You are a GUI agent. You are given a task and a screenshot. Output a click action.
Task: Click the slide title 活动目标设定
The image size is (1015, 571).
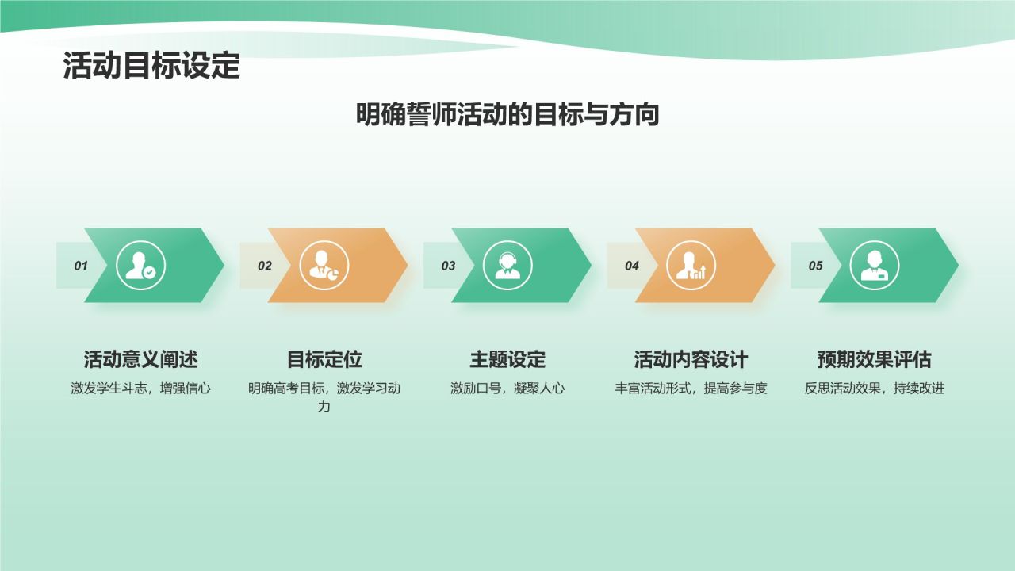151,67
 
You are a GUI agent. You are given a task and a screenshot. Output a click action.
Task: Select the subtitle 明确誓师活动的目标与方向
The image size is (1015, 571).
507,115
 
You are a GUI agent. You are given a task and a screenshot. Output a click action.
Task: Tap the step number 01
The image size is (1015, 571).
81,266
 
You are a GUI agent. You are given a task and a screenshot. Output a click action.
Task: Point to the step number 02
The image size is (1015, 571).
264,266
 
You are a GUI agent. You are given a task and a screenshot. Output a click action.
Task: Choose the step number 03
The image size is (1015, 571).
448,266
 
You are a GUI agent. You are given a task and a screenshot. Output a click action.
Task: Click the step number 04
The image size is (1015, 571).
631,266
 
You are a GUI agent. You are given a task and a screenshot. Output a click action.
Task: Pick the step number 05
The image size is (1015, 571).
815,266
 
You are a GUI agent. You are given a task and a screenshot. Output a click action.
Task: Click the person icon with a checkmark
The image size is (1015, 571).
141,265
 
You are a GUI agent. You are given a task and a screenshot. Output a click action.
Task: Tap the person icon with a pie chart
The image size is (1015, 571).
324,265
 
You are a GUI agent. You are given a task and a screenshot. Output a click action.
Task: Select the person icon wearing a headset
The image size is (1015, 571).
507,265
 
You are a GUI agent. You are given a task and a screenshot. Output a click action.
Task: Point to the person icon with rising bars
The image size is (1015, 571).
691,265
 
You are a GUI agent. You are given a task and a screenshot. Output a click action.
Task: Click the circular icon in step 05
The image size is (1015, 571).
875,265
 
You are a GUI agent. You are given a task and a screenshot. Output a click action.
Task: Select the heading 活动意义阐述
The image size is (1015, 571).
141,359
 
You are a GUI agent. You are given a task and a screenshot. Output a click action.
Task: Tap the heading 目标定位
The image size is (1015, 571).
324,359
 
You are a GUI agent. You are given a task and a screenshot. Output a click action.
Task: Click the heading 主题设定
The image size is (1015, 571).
507,359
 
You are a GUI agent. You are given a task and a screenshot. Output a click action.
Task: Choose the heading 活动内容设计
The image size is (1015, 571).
691,359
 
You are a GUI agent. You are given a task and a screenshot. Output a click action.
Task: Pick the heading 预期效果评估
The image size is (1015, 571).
875,359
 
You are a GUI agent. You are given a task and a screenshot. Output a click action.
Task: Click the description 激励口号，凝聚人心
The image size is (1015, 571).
507,389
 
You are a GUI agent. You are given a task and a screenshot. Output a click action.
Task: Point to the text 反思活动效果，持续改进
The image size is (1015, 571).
875,389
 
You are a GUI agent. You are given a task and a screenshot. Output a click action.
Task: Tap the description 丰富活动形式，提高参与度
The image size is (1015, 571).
691,389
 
